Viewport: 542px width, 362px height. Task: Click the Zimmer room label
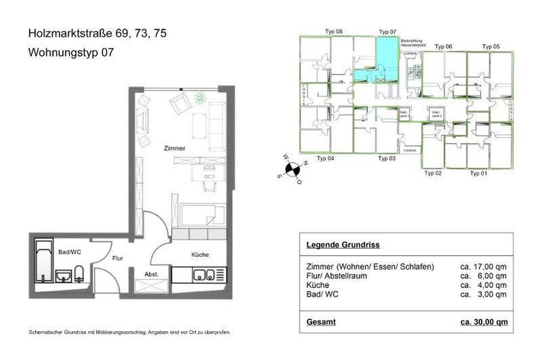175,148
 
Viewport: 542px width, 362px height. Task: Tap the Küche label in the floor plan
199,255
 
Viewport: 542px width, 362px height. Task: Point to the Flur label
117,258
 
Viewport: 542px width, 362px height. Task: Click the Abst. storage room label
151,274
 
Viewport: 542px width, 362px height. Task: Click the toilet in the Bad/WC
80,274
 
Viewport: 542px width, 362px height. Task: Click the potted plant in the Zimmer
200,99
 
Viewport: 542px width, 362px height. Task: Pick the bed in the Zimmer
202,216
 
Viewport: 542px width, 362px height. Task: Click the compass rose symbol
292,168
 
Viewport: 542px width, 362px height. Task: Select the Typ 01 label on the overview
479,173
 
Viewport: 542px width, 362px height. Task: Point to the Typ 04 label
325,159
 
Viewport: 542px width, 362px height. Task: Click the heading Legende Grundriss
342,245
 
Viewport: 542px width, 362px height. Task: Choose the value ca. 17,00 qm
484,266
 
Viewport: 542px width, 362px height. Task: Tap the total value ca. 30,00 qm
484,322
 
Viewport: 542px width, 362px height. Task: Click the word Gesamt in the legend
321,322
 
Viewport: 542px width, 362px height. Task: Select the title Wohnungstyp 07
71,53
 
